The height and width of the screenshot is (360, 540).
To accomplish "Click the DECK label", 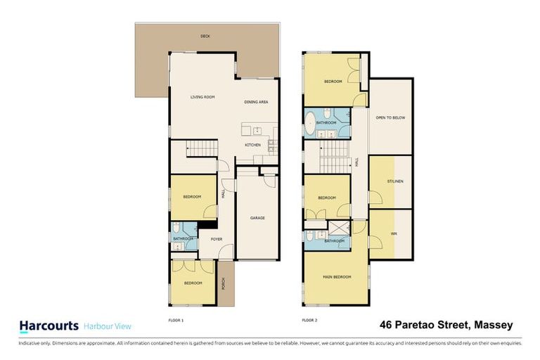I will tap(205, 36).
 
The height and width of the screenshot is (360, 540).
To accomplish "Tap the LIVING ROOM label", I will tap(202, 97).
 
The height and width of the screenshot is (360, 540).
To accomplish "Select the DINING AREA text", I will tap(256, 102).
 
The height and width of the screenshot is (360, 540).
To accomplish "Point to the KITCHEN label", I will tap(252, 146).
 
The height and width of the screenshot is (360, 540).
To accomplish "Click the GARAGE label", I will tap(257, 218).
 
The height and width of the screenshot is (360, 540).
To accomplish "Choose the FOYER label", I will tap(217, 239).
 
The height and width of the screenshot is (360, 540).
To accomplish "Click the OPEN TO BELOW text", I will tap(390, 117).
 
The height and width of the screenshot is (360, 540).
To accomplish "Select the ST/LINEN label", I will tap(391, 182).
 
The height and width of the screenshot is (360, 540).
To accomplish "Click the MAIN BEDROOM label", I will tap(336, 277).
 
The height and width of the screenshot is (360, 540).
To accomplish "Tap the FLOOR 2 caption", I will tap(309, 320).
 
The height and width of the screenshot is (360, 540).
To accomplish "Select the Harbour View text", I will tap(108, 326).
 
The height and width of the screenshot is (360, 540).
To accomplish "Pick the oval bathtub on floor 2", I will tap(309, 124).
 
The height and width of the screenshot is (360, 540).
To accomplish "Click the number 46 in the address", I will tap(386, 325).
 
